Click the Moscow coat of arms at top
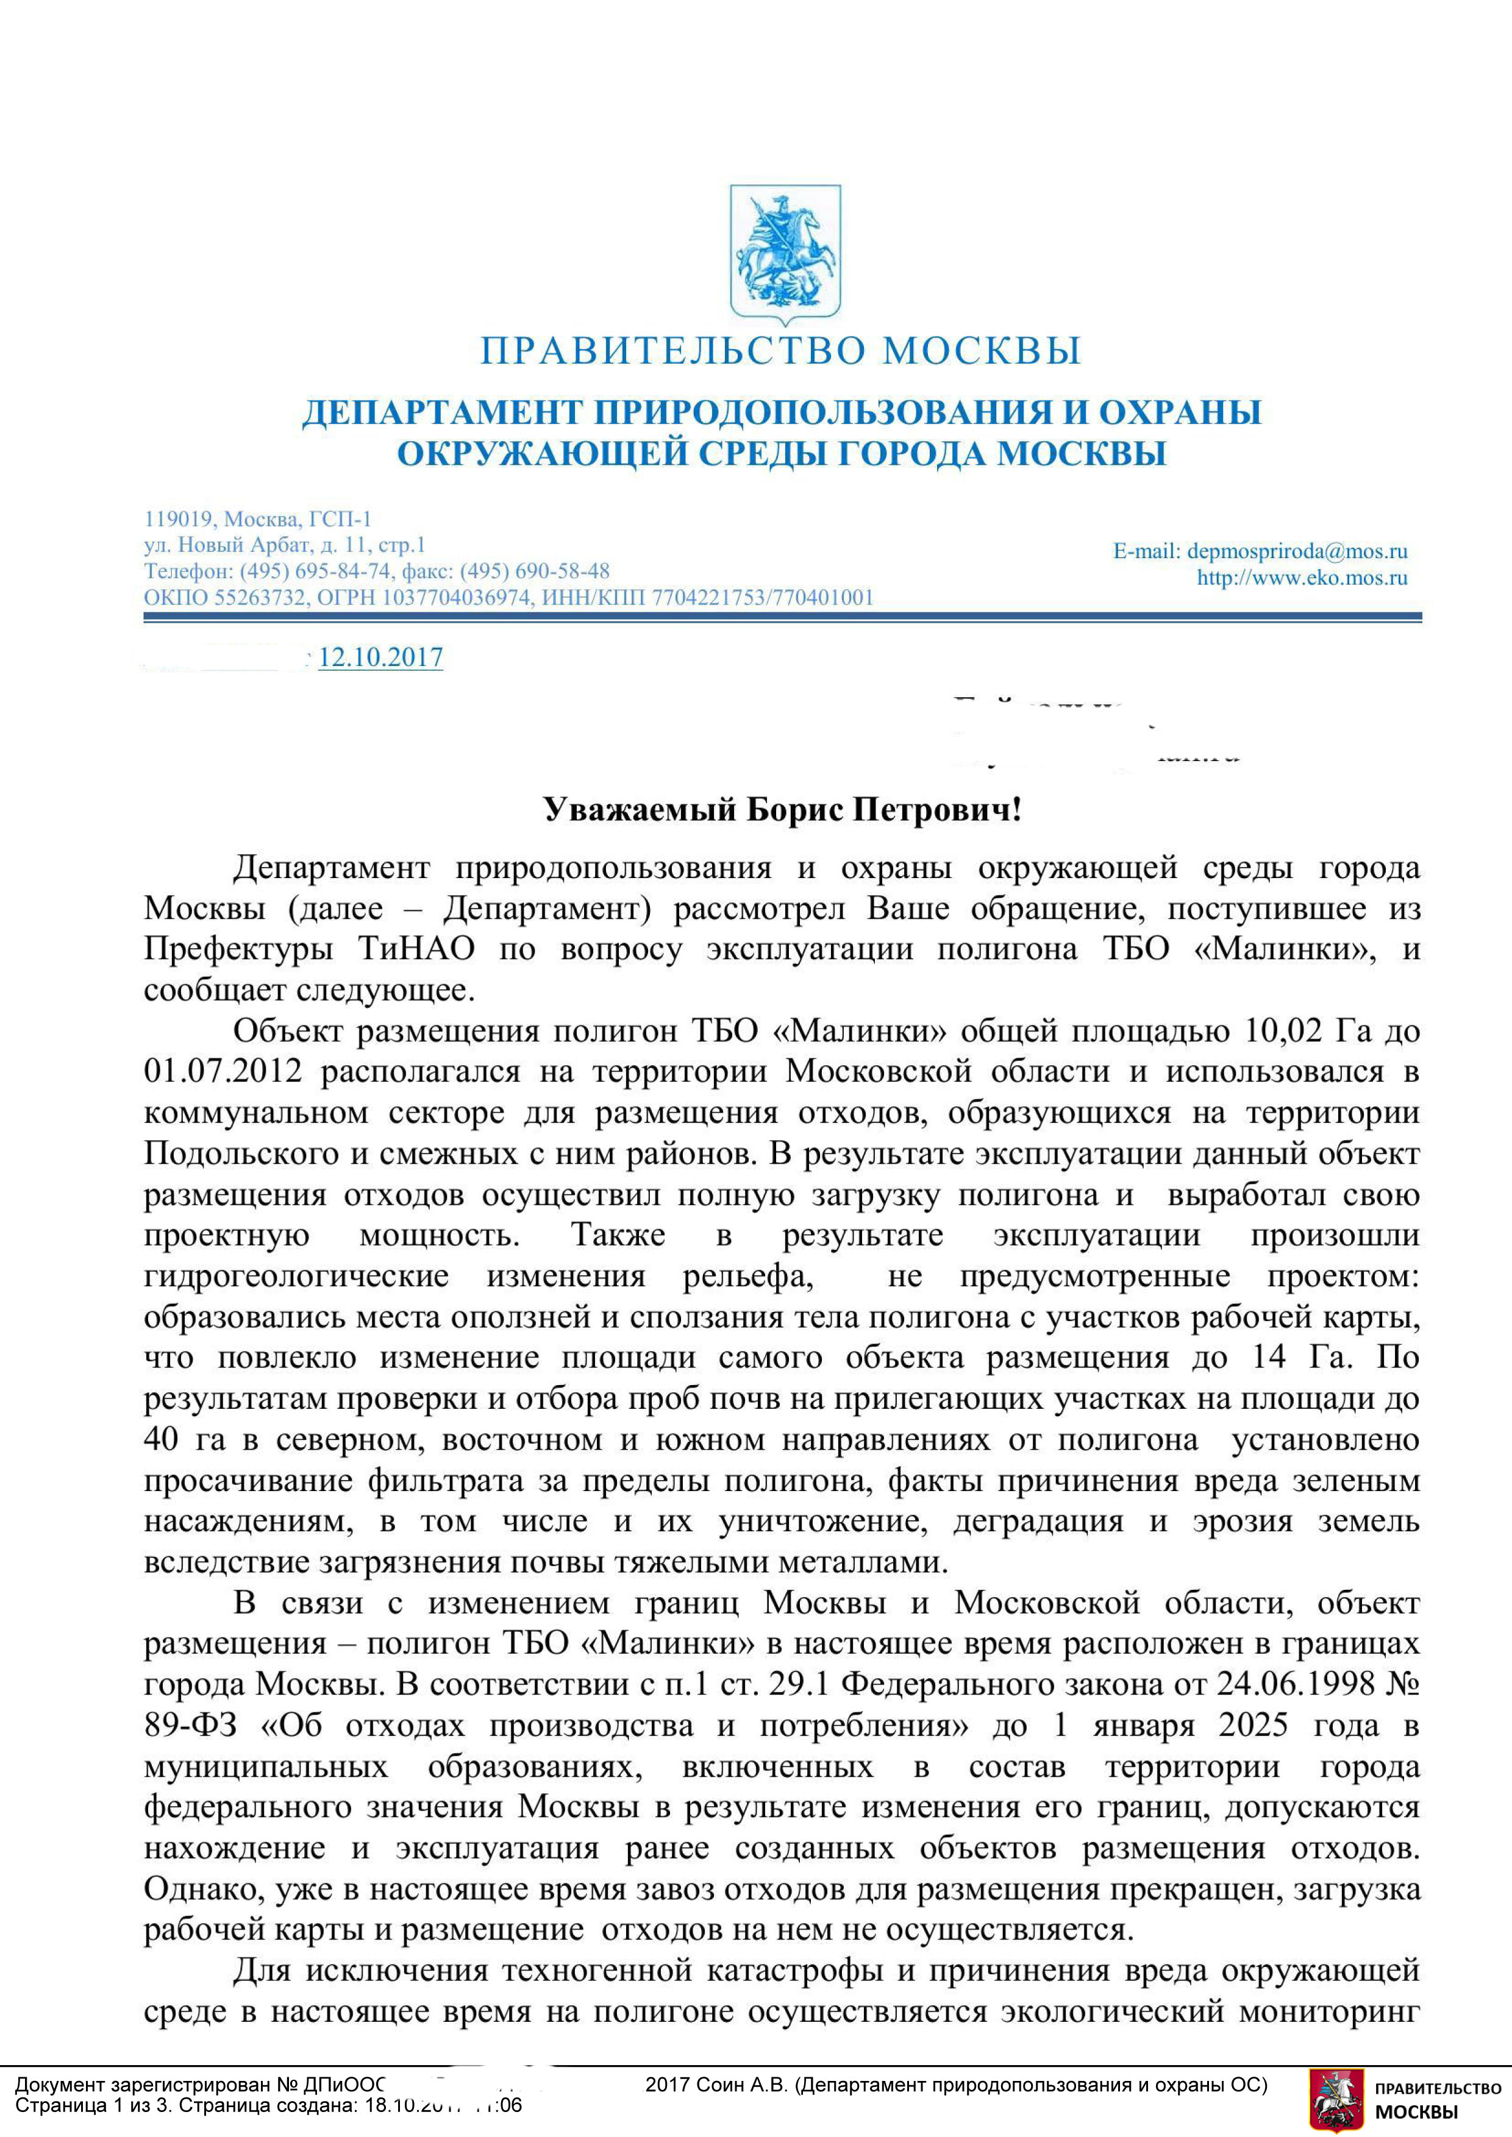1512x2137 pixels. pyautogui.click(x=784, y=250)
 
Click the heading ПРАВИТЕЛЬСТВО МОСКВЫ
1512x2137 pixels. pyautogui.click(x=780, y=351)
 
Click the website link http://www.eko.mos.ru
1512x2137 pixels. pyautogui.click(x=1302, y=578)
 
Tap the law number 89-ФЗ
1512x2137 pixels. pyautogui.click(x=190, y=1726)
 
